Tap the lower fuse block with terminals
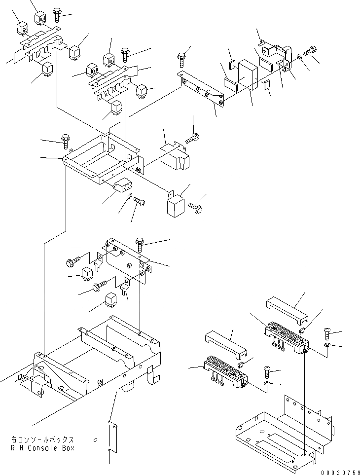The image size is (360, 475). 224,371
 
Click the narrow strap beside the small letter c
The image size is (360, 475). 112,437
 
